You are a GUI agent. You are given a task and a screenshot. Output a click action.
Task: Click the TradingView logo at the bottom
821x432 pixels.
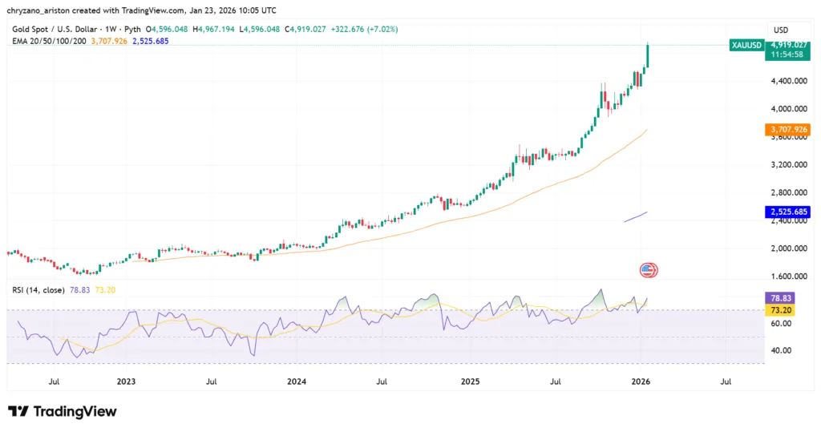63,411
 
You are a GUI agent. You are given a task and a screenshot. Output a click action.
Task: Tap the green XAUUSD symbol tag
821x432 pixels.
746,45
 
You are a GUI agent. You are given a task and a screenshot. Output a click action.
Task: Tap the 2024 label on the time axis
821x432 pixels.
297,382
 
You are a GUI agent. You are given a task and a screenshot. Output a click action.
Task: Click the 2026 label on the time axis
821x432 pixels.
641,382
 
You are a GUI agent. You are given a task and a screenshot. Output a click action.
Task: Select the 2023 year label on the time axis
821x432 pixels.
126,382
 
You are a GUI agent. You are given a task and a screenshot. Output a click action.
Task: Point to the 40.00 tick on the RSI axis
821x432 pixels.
780,351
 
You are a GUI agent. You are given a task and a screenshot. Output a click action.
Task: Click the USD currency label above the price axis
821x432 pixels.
779,29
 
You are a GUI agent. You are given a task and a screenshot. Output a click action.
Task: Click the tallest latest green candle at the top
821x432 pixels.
647,56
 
